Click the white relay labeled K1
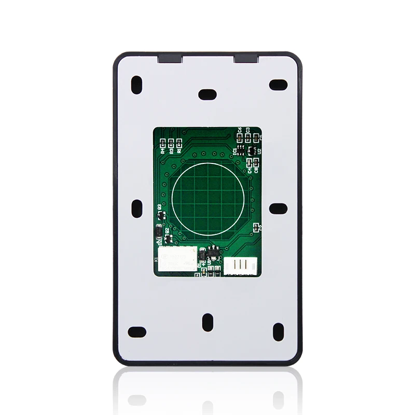(x=177, y=257)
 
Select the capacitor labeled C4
(x=249, y=163)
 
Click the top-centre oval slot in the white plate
(x=208, y=94)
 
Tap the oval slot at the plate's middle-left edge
(x=137, y=208)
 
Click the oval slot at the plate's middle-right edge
(x=279, y=208)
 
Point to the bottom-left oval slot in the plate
(x=137, y=330)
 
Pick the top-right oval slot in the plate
(x=279, y=84)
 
